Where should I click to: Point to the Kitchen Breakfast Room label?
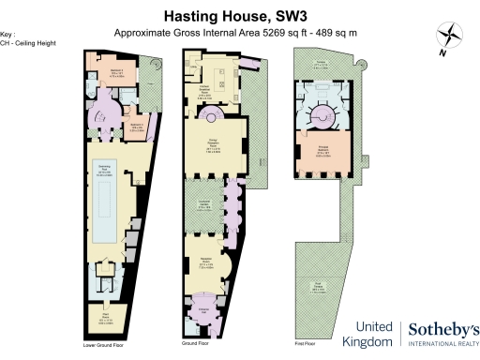coord(202,91)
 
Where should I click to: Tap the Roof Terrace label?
coord(320,288)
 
